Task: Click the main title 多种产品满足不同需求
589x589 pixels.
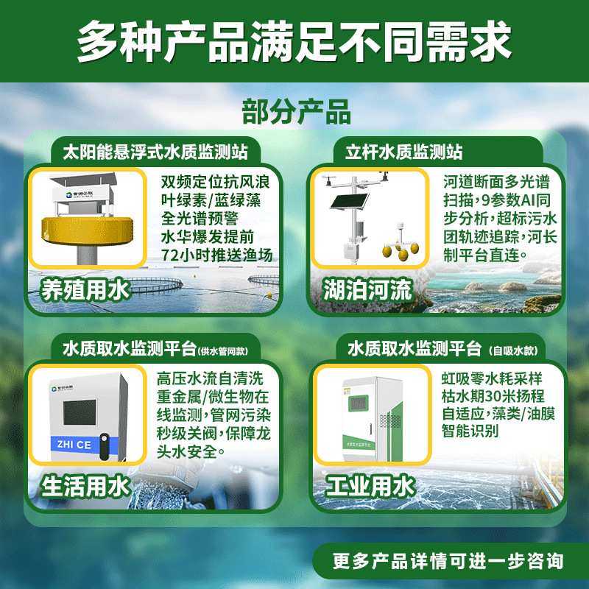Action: point(294,42)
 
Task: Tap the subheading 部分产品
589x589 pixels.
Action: point(296,112)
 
